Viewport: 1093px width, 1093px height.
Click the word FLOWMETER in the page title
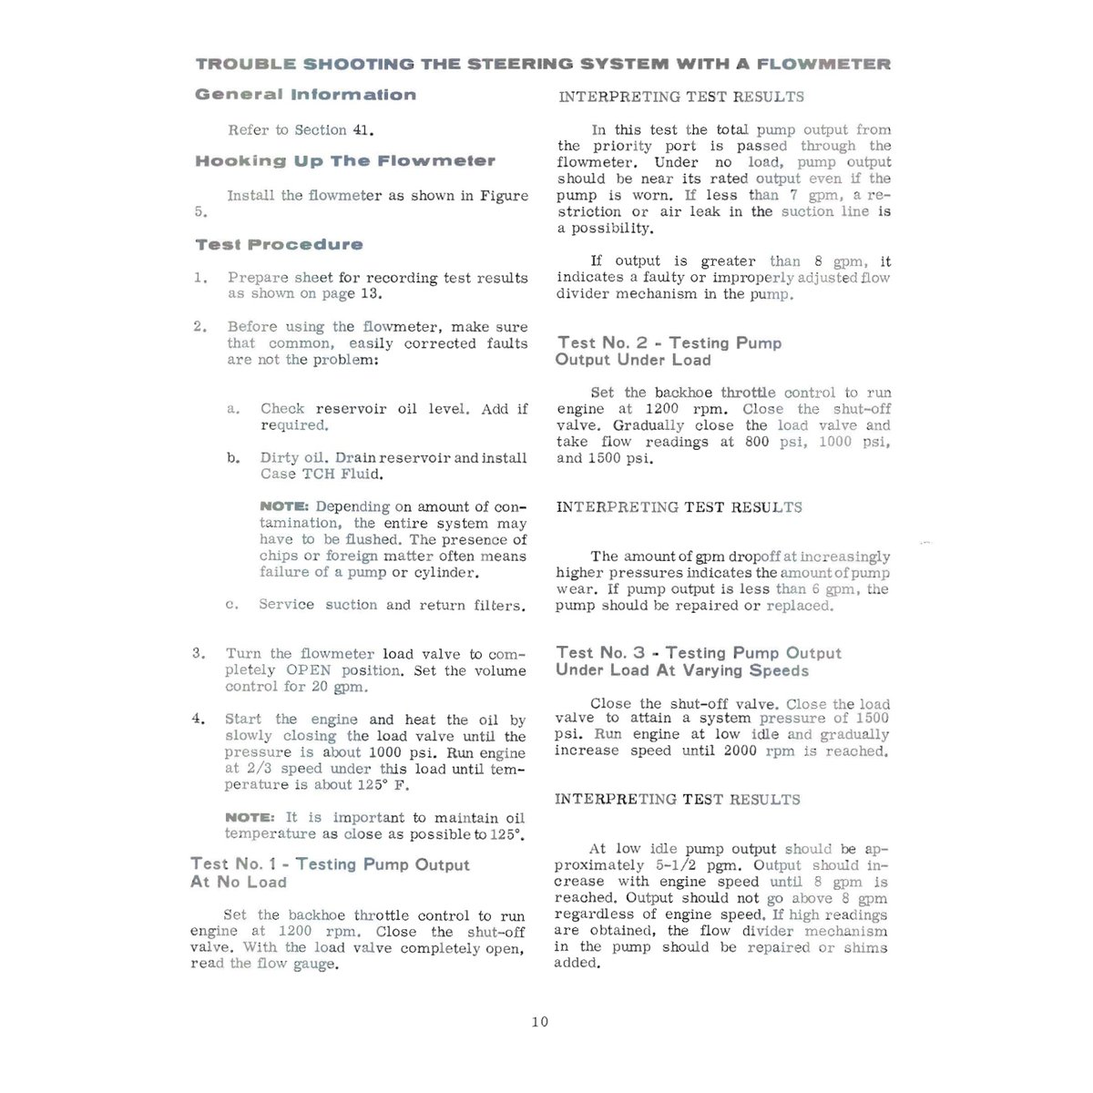pos(823,65)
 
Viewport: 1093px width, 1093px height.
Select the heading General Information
pos(305,95)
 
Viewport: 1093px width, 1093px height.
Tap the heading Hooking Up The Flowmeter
pos(345,161)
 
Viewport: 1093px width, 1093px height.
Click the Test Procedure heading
pos(279,244)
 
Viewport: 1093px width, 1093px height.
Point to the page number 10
pos(540,1022)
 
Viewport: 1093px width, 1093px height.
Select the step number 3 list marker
pos(199,653)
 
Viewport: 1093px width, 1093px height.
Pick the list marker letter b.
pos(232,457)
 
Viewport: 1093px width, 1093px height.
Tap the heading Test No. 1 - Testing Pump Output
pos(330,864)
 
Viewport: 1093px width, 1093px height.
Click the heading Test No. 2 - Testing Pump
pos(669,343)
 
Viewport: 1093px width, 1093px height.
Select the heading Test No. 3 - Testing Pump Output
pos(699,653)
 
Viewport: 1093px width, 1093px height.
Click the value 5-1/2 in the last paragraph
pos(678,865)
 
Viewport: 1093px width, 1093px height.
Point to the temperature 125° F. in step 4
pos(380,785)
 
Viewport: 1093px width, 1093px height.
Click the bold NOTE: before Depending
pos(285,506)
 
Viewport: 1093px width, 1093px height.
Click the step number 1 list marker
pos(199,277)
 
